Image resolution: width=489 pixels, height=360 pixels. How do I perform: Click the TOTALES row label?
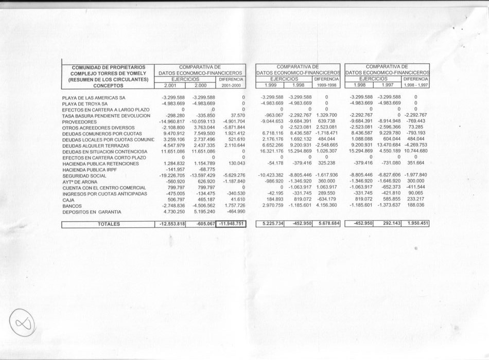(109, 224)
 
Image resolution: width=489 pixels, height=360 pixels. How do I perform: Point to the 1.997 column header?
(387, 85)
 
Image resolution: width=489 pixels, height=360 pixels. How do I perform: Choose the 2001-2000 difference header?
(231, 85)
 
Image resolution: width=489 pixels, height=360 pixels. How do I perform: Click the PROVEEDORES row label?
(79, 122)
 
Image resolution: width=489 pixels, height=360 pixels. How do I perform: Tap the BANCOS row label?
(72, 206)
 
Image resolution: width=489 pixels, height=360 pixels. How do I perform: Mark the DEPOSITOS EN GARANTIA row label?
(92, 212)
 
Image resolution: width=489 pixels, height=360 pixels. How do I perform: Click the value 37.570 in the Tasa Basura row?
(235, 116)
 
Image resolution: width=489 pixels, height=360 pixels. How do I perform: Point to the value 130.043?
(233, 164)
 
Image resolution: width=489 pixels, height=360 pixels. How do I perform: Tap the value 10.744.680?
(415, 151)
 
